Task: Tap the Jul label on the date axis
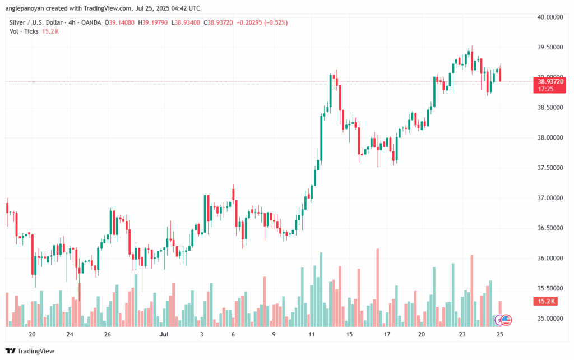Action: (x=164, y=335)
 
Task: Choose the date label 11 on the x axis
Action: (x=311, y=335)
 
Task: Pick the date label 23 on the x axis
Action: (x=462, y=335)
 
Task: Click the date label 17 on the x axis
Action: (x=386, y=335)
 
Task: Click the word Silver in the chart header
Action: (x=18, y=22)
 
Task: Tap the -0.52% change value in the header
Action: (x=276, y=22)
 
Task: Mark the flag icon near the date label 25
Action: (x=506, y=320)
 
